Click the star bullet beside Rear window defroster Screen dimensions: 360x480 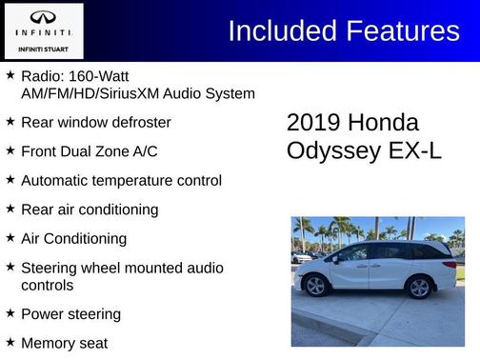click(x=10, y=122)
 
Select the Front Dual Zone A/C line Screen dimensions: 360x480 click(x=89, y=151)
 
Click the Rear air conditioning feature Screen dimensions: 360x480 click(x=90, y=210)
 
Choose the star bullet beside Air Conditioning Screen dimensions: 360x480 click(x=10, y=238)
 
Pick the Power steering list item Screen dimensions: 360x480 click(x=70, y=314)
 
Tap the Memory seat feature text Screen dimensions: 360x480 click(x=64, y=343)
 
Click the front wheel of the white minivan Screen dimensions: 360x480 click(x=316, y=286)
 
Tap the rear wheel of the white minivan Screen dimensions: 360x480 click(x=418, y=286)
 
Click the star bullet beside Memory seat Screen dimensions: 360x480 click(x=10, y=342)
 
